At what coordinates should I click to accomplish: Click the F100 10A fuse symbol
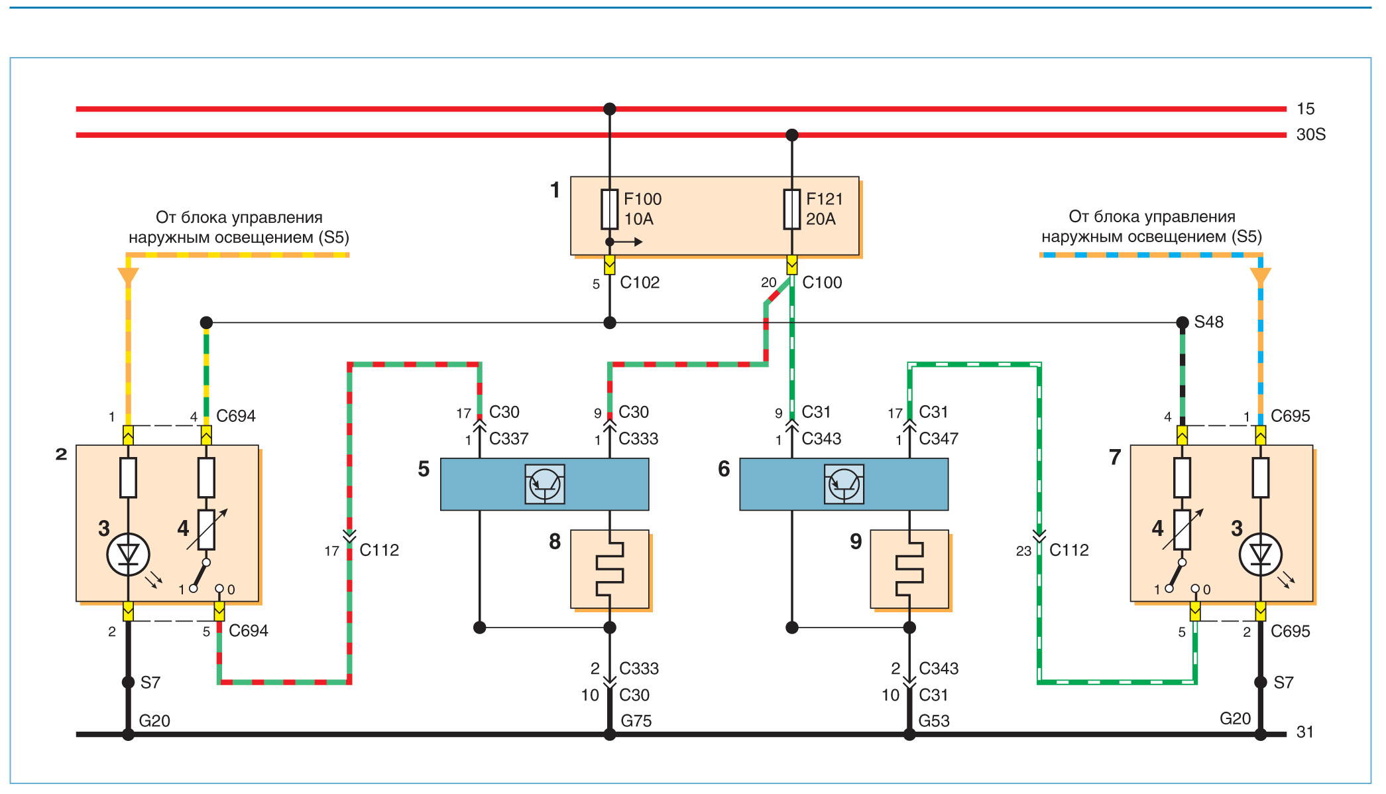(x=609, y=210)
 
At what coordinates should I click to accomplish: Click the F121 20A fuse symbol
(x=791, y=210)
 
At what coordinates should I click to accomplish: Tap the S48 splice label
(x=1208, y=322)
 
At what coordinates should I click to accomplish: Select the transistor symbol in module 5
(x=545, y=484)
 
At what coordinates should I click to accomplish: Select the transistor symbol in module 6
(x=844, y=484)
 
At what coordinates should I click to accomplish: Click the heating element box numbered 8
(x=610, y=569)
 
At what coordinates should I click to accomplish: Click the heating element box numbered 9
(x=909, y=569)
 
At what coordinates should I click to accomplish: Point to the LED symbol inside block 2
(x=128, y=555)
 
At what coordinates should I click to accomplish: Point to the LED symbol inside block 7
(x=1260, y=555)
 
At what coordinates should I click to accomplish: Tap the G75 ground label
(x=636, y=721)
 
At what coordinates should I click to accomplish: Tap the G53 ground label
(x=934, y=721)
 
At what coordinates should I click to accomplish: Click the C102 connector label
(x=640, y=283)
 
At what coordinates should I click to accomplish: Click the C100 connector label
(x=822, y=283)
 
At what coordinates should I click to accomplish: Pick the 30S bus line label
(x=1310, y=135)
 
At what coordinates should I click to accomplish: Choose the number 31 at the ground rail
(x=1304, y=732)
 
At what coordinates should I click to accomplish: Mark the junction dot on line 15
(x=610, y=109)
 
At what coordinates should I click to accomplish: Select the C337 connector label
(x=508, y=439)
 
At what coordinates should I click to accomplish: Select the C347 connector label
(x=939, y=439)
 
